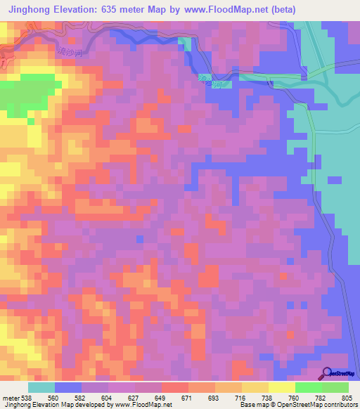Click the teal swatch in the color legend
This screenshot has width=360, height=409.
coord(41,387)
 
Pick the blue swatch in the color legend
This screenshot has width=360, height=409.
coord(68,387)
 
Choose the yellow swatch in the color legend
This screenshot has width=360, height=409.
coord(255,387)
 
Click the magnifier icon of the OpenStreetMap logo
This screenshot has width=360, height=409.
coord(327,372)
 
